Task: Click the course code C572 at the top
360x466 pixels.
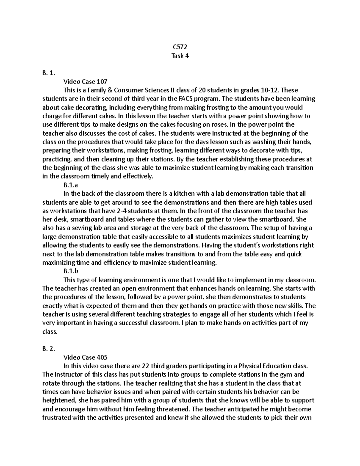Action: click(x=180, y=47)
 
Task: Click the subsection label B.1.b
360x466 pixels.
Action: click(x=71, y=271)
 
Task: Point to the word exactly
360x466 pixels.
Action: click(x=52, y=306)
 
